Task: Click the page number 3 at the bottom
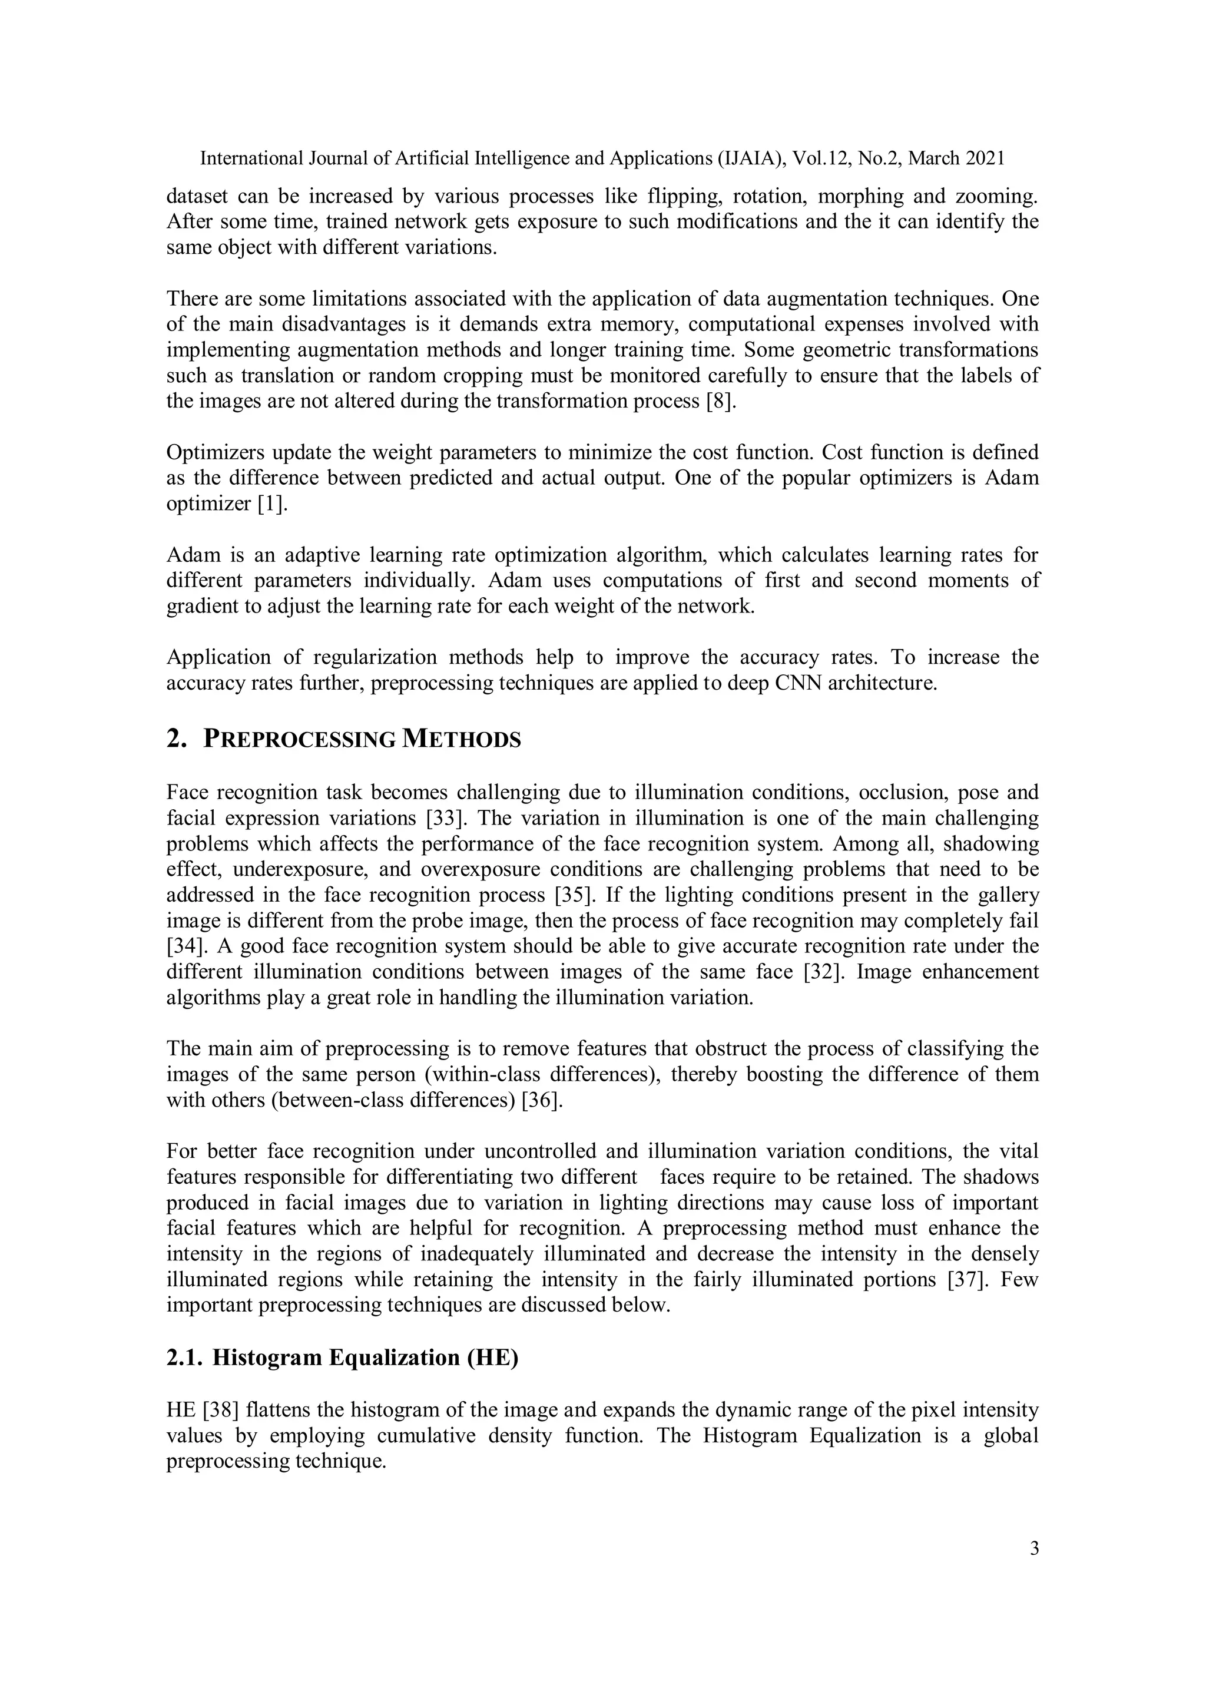(1033, 1549)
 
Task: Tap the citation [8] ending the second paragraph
(720, 401)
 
